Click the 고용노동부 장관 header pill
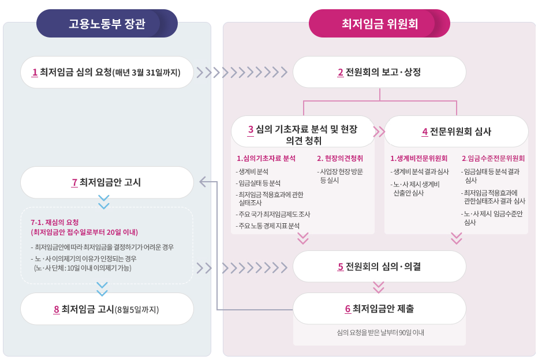click(107, 24)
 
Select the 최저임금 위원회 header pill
click(379, 24)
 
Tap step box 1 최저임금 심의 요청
click(107, 72)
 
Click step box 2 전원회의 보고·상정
click(379, 72)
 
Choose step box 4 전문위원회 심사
click(456, 132)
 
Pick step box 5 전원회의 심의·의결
click(379, 267)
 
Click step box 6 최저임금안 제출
click(379, 309)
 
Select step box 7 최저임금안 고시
click(107, 182)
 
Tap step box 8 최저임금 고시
click(107, 309)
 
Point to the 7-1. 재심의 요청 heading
click(55, 222)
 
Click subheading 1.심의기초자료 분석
click(266, 158)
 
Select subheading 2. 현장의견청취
click(340, 158)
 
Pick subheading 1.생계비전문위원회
click(419, 158)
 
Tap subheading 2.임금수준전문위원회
click(493, 158)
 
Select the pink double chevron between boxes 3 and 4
click(379, 132)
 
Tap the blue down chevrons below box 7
click(104, 202)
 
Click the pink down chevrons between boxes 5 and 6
click(379, 287)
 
